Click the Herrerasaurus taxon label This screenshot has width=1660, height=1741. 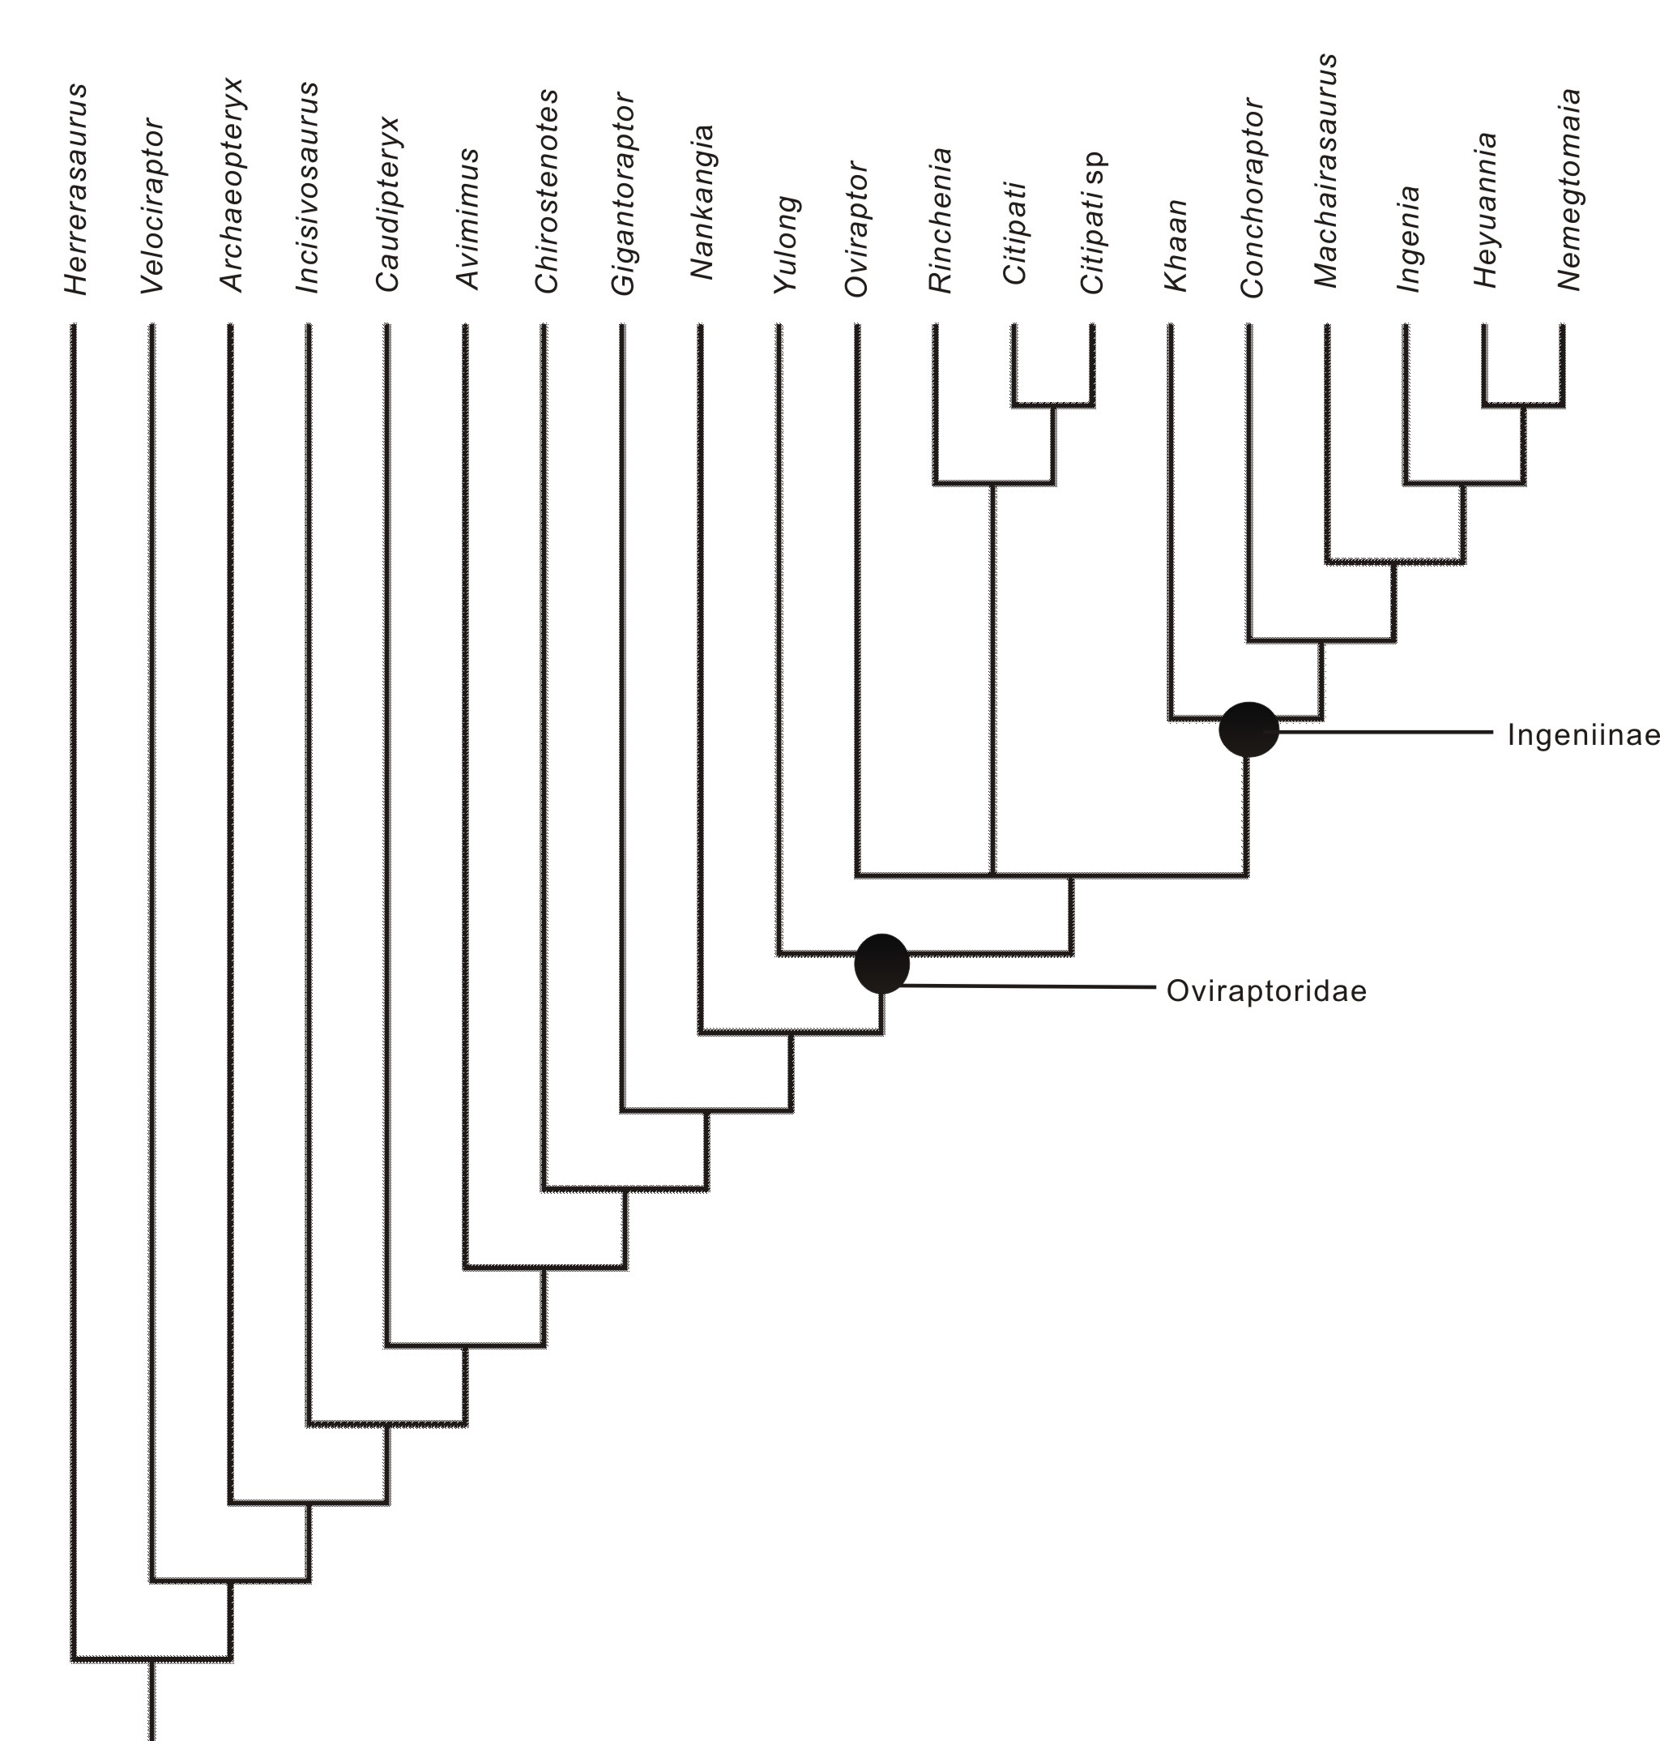click(x=76, y=190)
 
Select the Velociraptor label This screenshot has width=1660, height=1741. click(x=153, y=205)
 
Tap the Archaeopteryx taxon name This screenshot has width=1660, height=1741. click(x=231, y=186)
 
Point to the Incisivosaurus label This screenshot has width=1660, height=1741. click(x=307, y=188)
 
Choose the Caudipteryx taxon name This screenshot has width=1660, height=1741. click(x=387, y=204)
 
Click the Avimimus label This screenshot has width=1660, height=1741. click(x=467, y=220)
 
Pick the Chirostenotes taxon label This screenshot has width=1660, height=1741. click(x=546, y=191)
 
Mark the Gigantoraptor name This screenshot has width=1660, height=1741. click(x=623, y=194)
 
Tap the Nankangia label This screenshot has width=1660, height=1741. click(x=702, y=203)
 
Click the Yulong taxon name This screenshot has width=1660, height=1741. click(x=786, y=245)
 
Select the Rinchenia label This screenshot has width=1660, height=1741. click(x=940, y=220)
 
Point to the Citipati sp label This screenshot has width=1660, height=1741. click(x=1093, y=223)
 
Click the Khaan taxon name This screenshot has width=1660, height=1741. click(x=1175, y=245)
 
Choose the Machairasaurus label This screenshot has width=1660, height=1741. click(x=1325, y=171)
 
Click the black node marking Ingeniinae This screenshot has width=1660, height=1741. click(x=1248, y=729)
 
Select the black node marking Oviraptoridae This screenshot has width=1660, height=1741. click(x=881, y=963)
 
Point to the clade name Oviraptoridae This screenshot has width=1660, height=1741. click(x=1265, y=991)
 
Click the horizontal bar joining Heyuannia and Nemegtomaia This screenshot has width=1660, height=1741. click(x=1524, y=405)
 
